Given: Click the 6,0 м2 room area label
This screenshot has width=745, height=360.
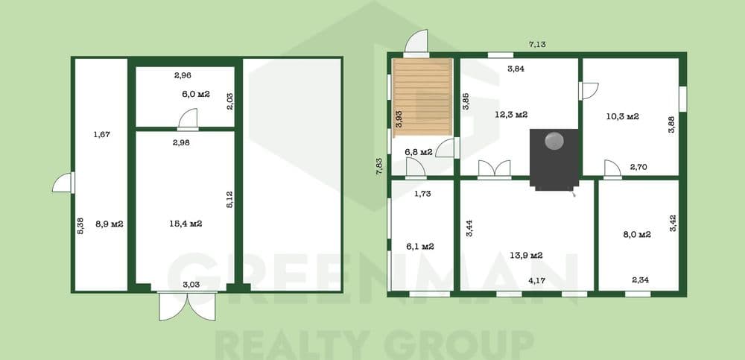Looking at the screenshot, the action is point(196,94).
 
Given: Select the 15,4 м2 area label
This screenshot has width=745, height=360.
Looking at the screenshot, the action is point(186,224).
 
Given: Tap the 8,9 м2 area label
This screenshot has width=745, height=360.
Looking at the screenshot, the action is point(110,224).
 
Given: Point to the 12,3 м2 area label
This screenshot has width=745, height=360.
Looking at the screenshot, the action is point(511,115).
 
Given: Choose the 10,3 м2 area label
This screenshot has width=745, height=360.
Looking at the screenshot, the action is point(622,116).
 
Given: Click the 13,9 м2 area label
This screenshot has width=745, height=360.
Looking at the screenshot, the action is point(527,256).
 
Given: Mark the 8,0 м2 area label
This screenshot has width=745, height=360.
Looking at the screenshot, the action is point(637,235).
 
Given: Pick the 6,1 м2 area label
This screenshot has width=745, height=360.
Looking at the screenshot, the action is point(420,247).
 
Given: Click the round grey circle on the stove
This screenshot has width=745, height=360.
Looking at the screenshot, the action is point(554,140).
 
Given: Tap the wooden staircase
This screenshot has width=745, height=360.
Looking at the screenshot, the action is point(422,97).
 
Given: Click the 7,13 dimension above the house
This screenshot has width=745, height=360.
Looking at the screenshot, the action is point(537,44).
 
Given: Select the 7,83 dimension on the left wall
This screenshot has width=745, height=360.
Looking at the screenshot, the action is point(379,166).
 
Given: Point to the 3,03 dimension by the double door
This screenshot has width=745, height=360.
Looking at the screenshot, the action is point(191,285).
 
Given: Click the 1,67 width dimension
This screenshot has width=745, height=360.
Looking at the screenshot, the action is point(101,135).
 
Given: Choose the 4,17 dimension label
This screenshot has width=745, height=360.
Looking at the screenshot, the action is point(536,280).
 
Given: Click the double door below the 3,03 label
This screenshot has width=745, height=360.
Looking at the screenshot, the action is point(187,306).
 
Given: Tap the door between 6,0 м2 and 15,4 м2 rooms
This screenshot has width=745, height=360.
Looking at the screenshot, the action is point(188,119).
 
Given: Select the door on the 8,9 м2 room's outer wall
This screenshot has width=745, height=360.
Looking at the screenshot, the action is point(63,183).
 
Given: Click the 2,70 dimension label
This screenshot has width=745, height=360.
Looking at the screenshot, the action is point(638,167).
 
